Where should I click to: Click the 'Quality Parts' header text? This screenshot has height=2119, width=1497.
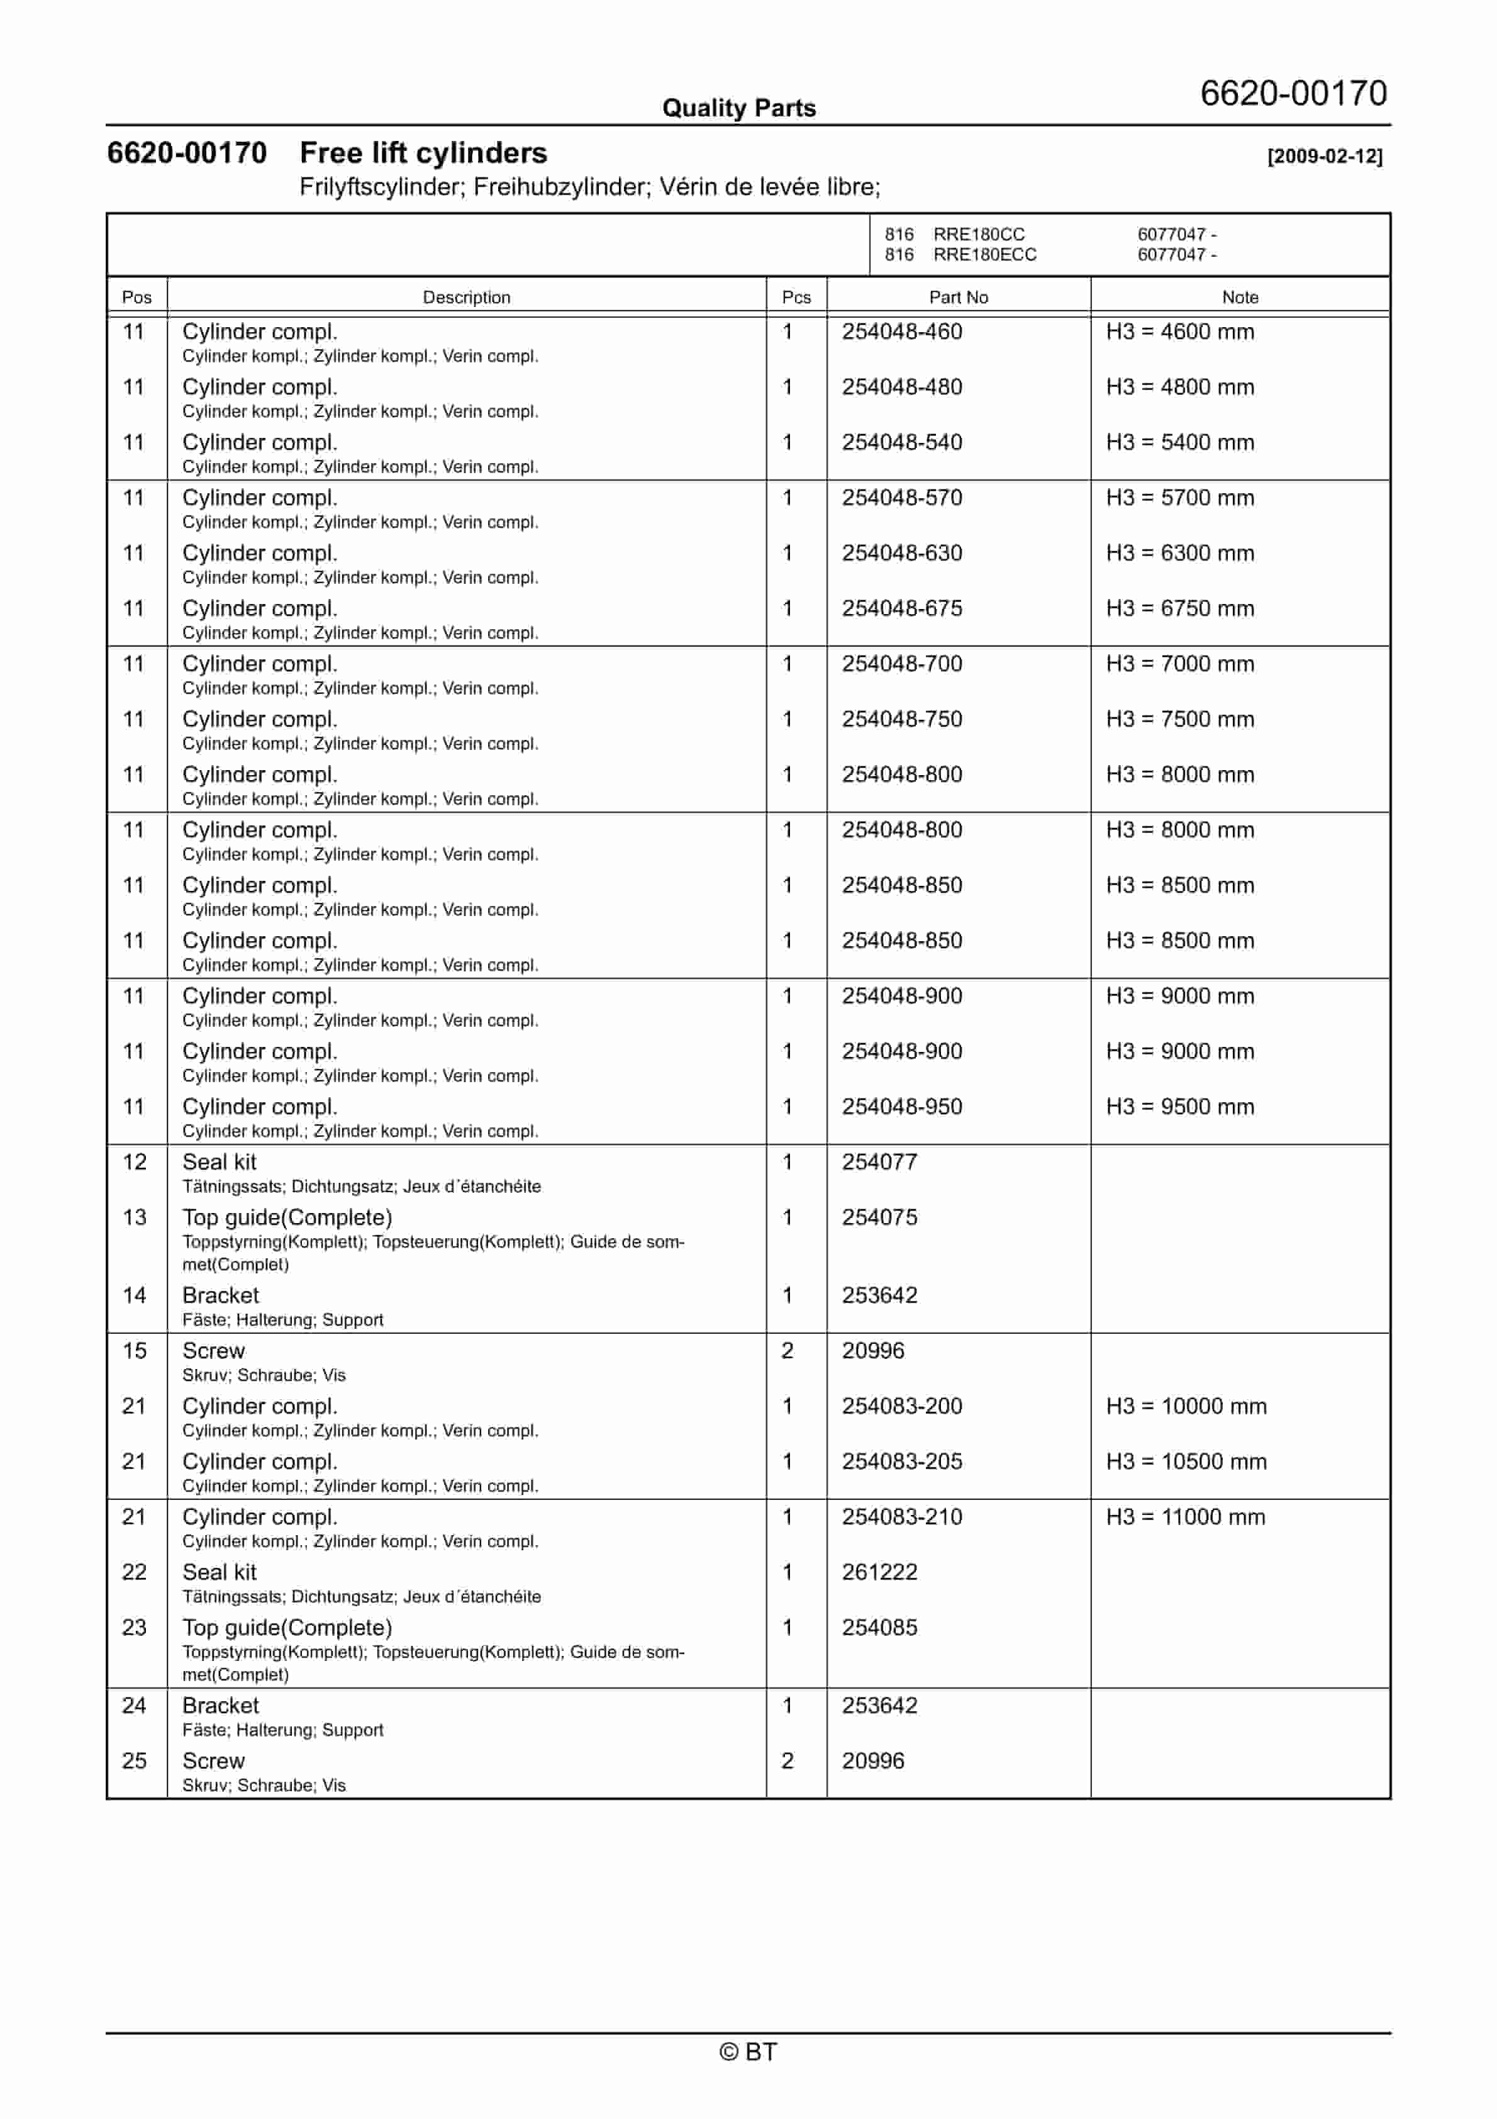[738, 108]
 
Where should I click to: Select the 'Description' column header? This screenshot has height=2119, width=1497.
[466, 297]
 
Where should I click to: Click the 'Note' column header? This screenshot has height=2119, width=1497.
[1240, 297]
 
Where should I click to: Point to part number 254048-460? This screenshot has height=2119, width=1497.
[902, 332]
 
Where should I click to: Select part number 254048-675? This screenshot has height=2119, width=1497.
[902, 608]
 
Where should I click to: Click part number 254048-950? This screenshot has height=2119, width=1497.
[902, 1107]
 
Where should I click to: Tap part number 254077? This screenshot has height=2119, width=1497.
[879, 1162]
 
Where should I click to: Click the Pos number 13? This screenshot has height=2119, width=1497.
[135, 1217]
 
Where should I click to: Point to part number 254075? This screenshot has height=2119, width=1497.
[879, 1217]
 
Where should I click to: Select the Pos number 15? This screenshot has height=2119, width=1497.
[135, 1350]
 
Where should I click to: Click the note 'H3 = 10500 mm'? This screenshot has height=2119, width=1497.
[1186, 1461]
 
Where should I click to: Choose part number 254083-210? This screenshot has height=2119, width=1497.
[902, 1516]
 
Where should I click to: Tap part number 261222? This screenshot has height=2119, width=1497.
[879, 1572]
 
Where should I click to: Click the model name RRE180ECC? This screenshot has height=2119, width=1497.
[985, 255]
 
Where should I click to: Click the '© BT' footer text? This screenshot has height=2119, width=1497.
[748, 2052]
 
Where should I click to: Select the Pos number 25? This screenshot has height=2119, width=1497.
[135, 1760]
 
